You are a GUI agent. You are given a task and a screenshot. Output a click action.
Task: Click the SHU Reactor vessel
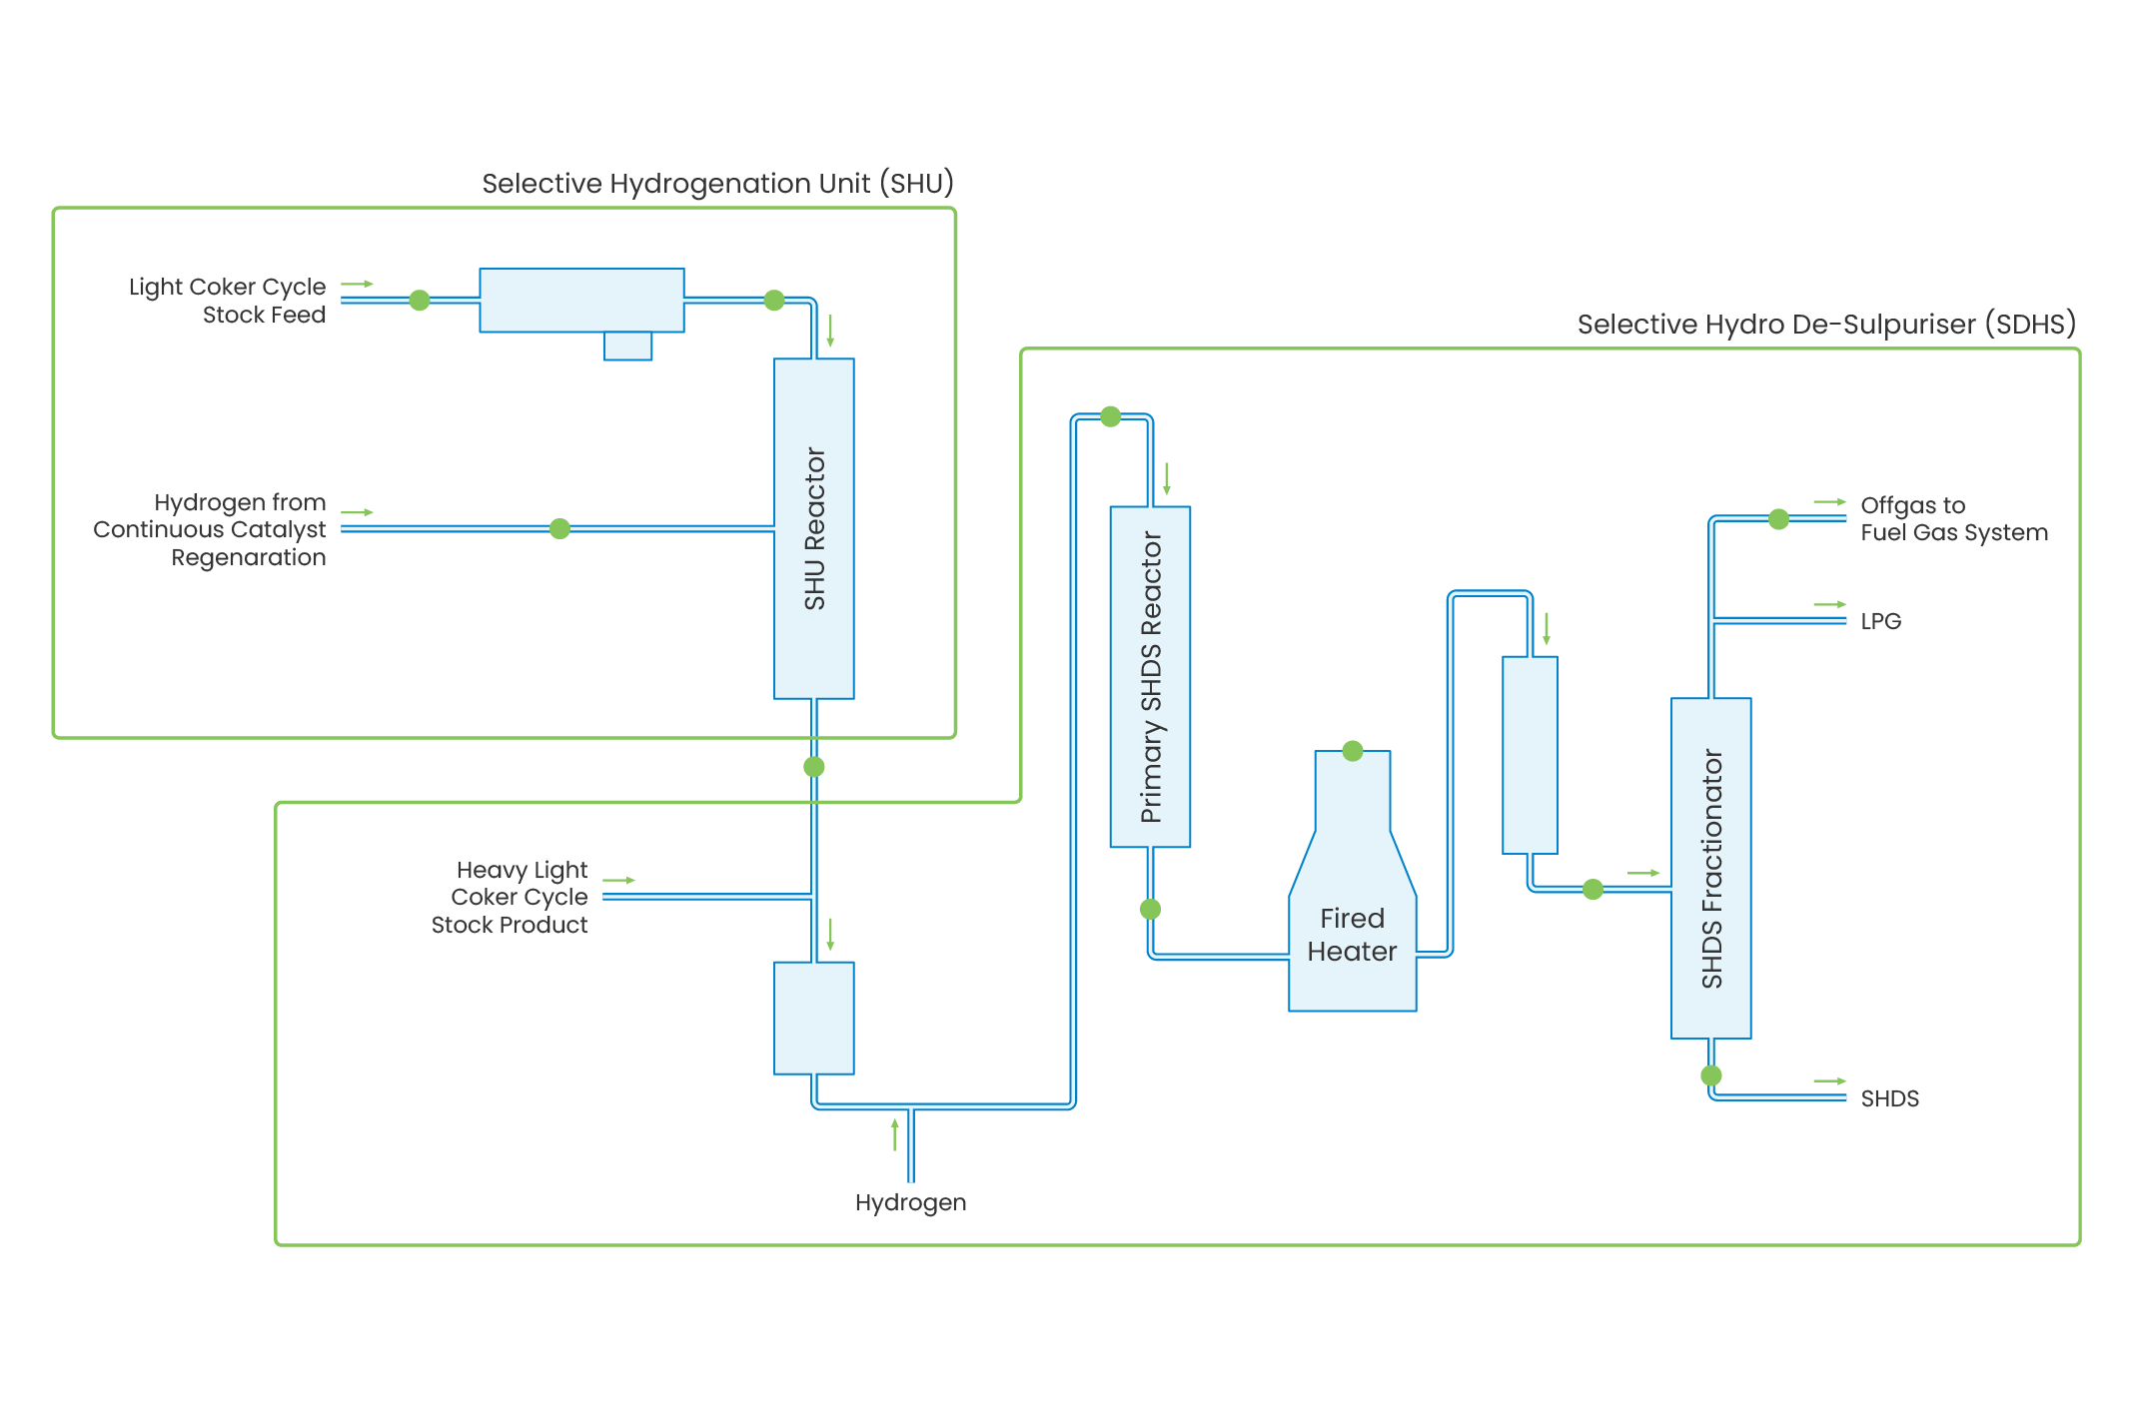click(x=813, y=528)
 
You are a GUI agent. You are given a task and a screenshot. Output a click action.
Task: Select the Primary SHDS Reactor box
click(x=1150, y=676)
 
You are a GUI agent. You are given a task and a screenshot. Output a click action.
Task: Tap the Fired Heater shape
click(x=1352, y=919)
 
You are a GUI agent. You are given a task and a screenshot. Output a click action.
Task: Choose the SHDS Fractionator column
click(x=1710, y=868)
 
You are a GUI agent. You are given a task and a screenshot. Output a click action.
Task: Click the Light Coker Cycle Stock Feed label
click(x=228, y=301)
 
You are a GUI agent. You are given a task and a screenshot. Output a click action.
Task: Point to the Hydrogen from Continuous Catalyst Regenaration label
click(x=211, y=529)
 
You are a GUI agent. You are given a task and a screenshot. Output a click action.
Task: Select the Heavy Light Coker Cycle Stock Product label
click(x=511, y=897)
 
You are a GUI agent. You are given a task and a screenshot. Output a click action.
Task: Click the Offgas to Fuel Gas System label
click(x=1953, y=518)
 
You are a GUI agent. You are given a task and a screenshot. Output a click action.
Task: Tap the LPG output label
click(x=1880, y=621)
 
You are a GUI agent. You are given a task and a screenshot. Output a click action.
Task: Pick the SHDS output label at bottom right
click(x=1889, y=1098)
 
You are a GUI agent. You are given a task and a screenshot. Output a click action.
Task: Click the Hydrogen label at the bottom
click(x=910, y=1202)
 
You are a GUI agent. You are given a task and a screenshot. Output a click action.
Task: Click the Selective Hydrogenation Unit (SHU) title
click(x=717, y=184)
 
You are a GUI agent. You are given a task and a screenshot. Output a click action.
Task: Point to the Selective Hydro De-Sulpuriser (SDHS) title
click(x=1825, y=325)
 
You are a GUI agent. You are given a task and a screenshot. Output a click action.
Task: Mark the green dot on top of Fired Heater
click(x=1353, y=751)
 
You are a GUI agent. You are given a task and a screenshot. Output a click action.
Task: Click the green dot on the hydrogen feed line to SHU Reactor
click(x=559, y=528)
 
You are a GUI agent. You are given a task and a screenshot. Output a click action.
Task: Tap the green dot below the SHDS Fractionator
click(x=1711, y=1075)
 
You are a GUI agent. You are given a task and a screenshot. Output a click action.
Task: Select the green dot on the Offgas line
click(x=1778, y=519)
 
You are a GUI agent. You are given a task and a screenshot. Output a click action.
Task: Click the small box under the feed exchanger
click(x=627, y=346)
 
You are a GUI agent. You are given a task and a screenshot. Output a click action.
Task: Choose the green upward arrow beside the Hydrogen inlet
click(x=895, y=1135)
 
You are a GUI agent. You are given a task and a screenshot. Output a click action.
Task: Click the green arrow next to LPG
click(x=1829, y=604)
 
